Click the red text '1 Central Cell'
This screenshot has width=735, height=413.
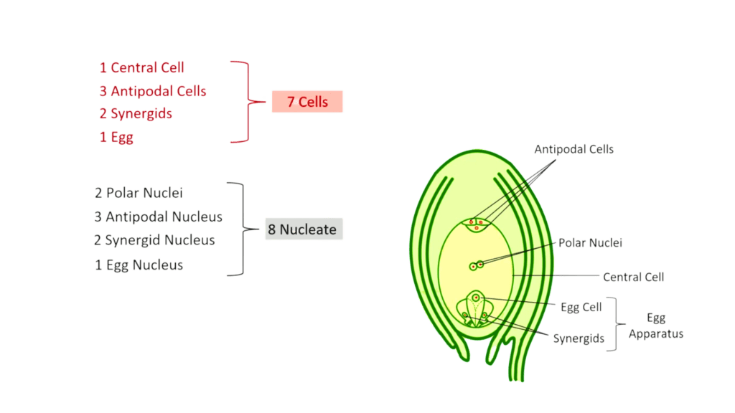[x=141, y=68]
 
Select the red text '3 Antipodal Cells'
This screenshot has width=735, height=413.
[x=153, y=91]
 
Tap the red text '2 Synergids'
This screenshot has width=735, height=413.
[x=136, y=114]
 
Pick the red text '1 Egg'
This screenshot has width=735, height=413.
[x=116, y=137]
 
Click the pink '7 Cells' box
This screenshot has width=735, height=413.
[x=307, y=102]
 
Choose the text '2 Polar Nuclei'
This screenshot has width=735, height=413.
[x=139, y=193]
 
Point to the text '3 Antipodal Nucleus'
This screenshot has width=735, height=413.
[x=158, y=217]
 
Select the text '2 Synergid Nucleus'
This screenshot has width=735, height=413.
[x=154, y=240]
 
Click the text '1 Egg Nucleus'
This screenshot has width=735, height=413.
[x=139, y=265]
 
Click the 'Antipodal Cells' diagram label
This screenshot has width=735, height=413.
[x=574, y=150]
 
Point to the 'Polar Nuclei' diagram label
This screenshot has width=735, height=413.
[x=591, y=243]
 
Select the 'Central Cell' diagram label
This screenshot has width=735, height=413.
[x=633, y=277]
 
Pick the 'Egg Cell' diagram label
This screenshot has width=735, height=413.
[x=581, y=307]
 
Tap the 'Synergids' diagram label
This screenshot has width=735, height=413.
[x=579, y=338]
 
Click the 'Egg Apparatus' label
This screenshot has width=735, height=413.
[x=656, y=325]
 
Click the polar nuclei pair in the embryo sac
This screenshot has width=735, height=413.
[x=476, y=266]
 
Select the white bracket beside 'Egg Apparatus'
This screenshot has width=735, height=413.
[x=614, y=323]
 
